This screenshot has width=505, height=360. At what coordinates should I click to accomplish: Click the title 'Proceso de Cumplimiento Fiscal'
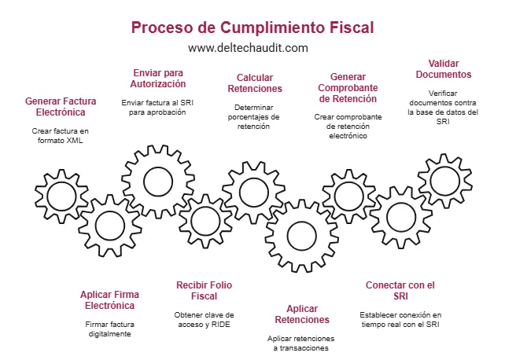point(252,28)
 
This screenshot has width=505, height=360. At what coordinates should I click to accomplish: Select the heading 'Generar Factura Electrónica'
point(61,107)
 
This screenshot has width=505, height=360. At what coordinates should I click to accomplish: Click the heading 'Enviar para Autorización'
point(159,78)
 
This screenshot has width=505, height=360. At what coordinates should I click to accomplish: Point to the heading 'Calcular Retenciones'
point(259,83)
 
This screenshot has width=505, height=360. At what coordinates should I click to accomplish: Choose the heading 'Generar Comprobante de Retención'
point(348,88)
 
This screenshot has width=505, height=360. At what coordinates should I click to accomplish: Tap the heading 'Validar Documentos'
point(444,68)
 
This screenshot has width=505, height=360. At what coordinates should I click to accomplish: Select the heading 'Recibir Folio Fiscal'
point(204,290)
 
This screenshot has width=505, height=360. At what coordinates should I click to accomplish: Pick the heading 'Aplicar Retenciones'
point(302,314)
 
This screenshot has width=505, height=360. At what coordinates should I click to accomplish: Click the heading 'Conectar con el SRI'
point(400,290)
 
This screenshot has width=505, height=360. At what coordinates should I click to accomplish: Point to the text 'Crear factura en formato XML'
point(61,135)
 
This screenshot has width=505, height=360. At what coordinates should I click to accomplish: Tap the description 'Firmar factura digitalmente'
point(108,329)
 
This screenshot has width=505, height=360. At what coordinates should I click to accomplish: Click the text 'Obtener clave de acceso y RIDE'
point(205,319)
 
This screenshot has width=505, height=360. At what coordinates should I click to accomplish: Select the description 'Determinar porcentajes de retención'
point(259,116)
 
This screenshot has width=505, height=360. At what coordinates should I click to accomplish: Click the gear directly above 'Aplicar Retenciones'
point(300,235)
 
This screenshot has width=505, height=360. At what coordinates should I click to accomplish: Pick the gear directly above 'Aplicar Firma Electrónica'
point(108,226)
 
